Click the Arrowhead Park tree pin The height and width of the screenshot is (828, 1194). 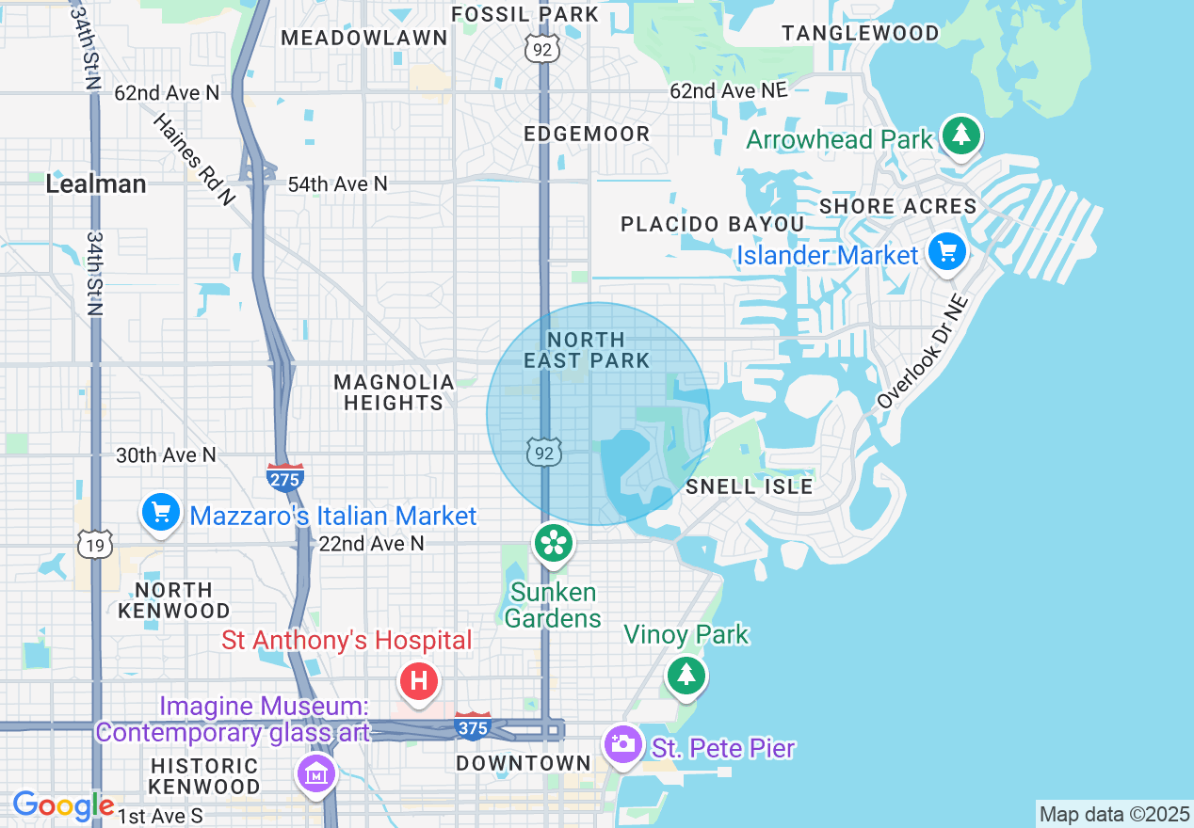pyautogui.click(x=960, y=136)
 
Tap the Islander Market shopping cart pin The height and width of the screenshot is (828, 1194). pyautogui.click(x=947, y=251)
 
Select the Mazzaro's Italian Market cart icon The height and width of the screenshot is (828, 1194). pyautogui.click(x=161, y=513)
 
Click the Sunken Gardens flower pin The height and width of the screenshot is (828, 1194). pyautogui.click(x=554, y=543)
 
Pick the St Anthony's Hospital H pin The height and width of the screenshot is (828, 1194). pyautogui.click(x=419, y=680)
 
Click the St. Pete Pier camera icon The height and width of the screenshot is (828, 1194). pyautogui.click(x=621, y=744)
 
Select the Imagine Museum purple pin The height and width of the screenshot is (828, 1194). pyautogui.click(x=316, y=774)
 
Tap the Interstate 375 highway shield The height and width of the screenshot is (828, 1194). pyautogui.click(x=472, y=726)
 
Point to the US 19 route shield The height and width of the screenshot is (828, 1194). pyautogui.click(x=96, y=544)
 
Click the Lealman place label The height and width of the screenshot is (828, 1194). pyautogui.click(x=96, y=183)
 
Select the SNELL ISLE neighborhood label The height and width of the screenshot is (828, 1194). pyautogui.click(x=749, y=486)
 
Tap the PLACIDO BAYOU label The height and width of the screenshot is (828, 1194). pyautogui.click(x=712, y=224)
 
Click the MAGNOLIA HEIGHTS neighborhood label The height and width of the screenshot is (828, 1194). pyautogui.click(x=394, y=392)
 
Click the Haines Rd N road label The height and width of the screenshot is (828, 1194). pyautogui.click(x=193, y=159)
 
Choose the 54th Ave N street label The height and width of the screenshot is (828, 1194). pyautogui.click(x=337, y=183)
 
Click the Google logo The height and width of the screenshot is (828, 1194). pyautogui.click(x=63, y=805)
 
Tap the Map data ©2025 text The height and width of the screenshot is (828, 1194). pyautogui.click(x=1112, y=814)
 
